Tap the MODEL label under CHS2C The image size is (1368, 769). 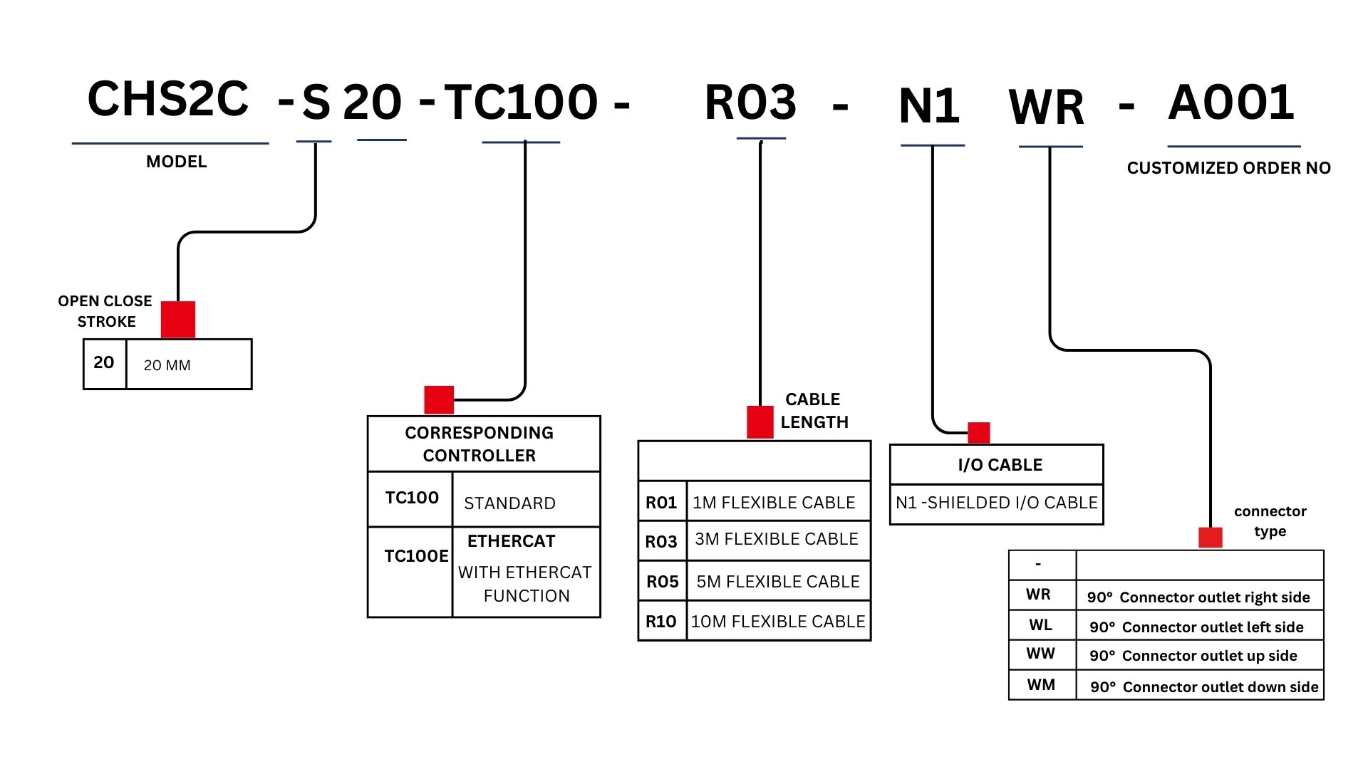click(176, 162)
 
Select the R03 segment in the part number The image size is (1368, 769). click(750, 103)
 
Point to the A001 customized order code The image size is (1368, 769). click(1231, 103)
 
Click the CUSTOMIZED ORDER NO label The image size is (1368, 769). click(1228, 168)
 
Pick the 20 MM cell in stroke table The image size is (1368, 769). click(167, 365)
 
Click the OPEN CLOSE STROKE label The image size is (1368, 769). click(105, 311)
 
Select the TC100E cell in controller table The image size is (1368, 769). click(416, 556)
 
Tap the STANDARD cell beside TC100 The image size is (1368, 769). click(509, 503)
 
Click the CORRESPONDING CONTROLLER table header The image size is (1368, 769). click(480, 444)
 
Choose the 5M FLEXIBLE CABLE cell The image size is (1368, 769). click(778, 582)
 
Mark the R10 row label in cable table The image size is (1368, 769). click(661, 622)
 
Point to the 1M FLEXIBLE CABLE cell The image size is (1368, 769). click(774, 503)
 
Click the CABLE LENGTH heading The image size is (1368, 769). click(814, 411)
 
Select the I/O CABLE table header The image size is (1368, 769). click(1000, 465)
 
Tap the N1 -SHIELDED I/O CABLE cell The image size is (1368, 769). click(996, 503)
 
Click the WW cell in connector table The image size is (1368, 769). click(1040, 654)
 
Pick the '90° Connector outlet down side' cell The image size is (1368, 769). click(1204, 687)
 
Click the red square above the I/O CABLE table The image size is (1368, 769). click(978, 432)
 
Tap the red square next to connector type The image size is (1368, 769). click(1210, 537)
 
